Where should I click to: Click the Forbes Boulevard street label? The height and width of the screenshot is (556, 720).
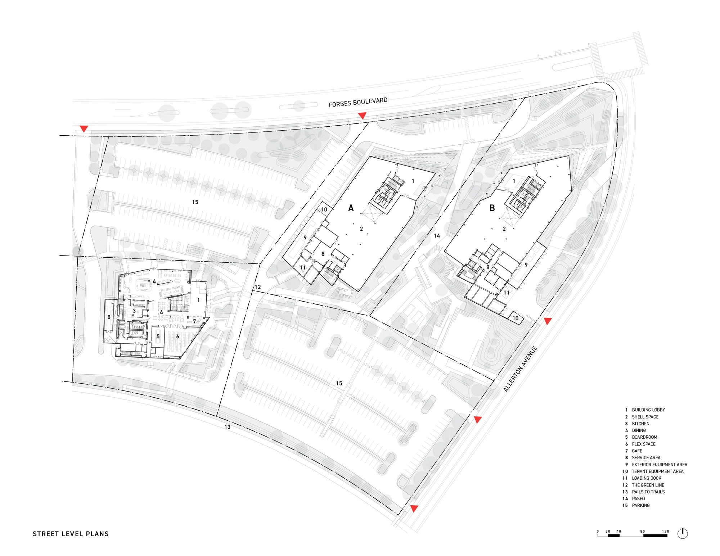pyautogui.click(x=358, y=102)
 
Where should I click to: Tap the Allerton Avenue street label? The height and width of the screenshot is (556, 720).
pyautogui.click(x=520, y=369)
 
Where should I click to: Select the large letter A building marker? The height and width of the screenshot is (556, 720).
pyautogui.click(x=351, y=208)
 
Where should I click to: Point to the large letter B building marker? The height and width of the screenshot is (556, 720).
pyautogui.click(x=492, y=208)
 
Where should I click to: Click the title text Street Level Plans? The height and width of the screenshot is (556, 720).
pyautogui.click(x=71, y=534)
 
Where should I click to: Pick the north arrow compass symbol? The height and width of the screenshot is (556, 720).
pyautogui.click(x=683, y=533)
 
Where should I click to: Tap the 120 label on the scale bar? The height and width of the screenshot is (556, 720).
pyautogui.click(x=665, y=532)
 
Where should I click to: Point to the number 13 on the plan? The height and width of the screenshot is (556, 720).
pyautogui.click(x=228, y=427)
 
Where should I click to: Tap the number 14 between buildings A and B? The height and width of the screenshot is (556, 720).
pyautogui.click(x=437, y=236)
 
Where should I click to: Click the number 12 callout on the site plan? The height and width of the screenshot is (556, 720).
pyautogui.click(x=258, y=287)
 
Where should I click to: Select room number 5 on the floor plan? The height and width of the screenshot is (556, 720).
pyautogui.click(x=158, y=336)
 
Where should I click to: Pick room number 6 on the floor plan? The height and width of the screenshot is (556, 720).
pyautogui.click(x=177, y=336)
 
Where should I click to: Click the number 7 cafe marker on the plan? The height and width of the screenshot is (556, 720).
pyautogui.click(x=195, y=321)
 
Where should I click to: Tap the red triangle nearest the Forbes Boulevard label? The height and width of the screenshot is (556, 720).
pyautogui.click(x=362, y=116)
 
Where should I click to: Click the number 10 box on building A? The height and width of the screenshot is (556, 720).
pyautogui.click(x=324, y=209)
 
